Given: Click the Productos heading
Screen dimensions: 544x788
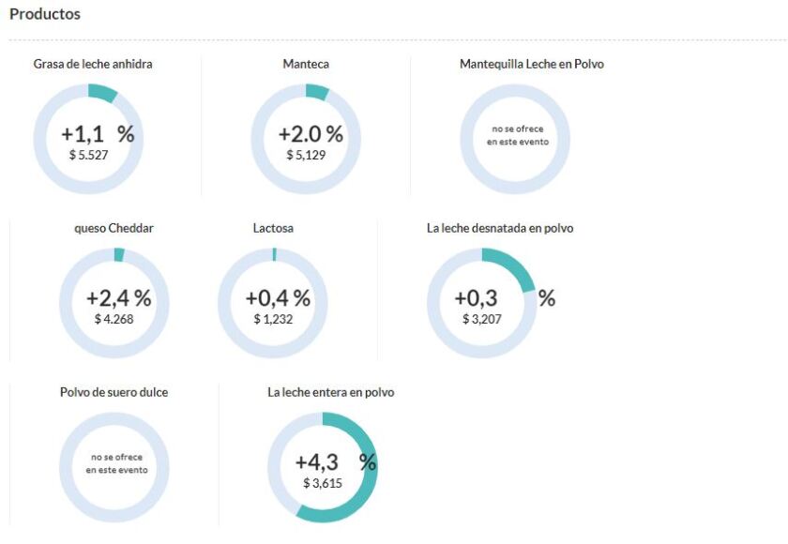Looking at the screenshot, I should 44,15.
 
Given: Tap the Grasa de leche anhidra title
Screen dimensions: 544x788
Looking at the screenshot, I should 92,65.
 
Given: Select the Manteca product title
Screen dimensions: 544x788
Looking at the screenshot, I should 306,65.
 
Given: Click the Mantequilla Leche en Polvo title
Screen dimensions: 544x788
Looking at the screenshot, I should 531,65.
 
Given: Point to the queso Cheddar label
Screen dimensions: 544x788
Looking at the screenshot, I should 114,228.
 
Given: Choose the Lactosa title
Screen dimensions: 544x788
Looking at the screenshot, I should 273,228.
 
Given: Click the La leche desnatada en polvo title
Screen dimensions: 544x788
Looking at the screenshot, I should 499,228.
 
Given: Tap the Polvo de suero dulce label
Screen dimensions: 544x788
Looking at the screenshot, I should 114,392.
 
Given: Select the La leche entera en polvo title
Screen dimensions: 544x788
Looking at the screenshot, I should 330,392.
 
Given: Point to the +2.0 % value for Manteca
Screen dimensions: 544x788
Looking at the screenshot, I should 311,134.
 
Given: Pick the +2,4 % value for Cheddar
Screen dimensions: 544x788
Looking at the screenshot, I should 118,298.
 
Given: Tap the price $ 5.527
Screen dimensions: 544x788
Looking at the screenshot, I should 89,155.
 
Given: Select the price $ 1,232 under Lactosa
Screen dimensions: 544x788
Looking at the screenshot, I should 273,319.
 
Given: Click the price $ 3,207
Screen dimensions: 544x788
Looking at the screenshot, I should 482,319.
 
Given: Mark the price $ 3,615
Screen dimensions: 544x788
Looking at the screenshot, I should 323,483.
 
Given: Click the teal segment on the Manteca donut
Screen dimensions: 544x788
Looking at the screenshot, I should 317,92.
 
